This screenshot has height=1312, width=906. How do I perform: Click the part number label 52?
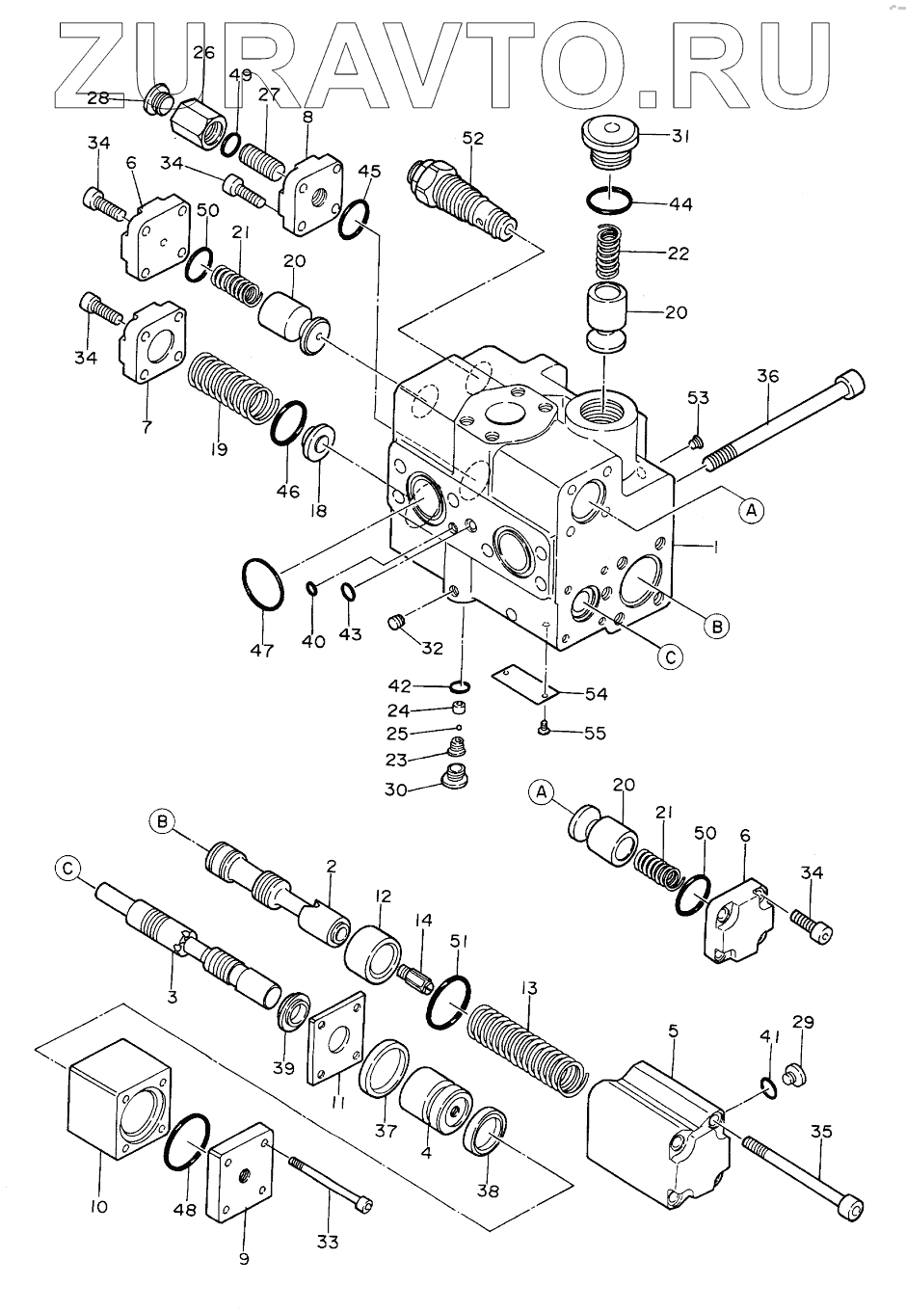tap(472, 139)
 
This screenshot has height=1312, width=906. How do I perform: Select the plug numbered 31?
tap(610, 145)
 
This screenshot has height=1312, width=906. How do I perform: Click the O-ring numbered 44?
tap(609, 201)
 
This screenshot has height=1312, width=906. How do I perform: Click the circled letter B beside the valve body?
tap(716, 627)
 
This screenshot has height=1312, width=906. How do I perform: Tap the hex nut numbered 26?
tap(197, 124)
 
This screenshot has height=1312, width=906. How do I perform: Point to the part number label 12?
tap(384, 897)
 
